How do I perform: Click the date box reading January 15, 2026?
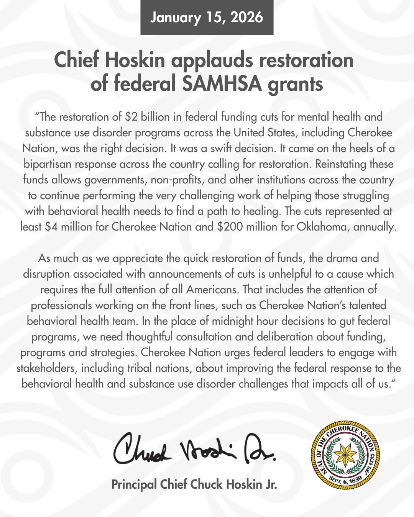click(207, 18)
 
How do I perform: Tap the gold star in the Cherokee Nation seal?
click(345, 454)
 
